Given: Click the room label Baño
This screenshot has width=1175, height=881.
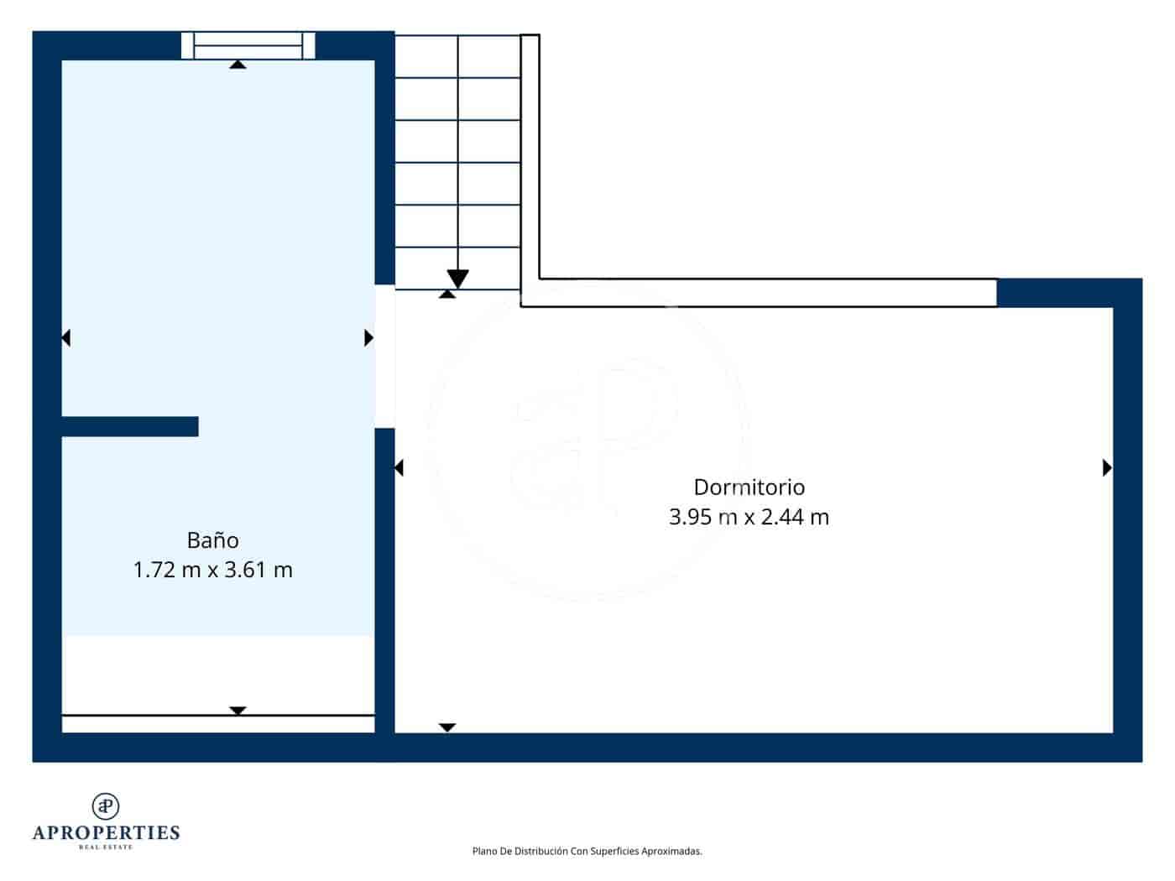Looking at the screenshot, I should point(212,540).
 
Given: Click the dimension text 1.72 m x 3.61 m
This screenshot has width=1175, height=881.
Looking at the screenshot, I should point(212,571).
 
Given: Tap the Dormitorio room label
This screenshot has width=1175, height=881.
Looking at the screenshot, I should point(749,487).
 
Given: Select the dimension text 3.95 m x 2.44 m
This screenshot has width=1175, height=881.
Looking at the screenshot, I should point(749,517).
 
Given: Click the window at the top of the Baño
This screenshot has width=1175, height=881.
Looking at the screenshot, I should point(248,45).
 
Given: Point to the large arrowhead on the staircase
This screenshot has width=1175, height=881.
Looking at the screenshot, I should point(457,279).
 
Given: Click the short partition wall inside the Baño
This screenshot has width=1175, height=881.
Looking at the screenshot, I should point(130,426).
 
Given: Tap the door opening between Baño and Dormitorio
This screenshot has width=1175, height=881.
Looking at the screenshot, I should point(384,357).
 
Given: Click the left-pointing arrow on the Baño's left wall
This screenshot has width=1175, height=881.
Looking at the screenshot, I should point(66,338).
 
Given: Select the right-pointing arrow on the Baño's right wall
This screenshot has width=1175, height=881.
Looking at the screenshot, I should point(368,338).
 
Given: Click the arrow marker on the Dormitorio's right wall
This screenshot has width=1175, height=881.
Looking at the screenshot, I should point(1106,468).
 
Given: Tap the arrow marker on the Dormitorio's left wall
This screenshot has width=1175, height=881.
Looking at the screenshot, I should point(399,468).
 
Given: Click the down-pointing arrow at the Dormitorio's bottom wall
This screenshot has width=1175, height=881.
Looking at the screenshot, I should point(447,727).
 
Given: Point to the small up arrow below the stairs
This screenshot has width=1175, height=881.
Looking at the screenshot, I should point(447,294).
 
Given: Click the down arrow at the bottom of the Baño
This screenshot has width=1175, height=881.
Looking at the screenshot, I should point(238,711).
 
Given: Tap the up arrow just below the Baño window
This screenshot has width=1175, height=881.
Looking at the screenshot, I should point(238,64).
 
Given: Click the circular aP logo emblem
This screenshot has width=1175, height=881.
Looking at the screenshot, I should point(106,806).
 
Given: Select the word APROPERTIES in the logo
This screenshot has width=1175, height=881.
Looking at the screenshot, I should point(106,833).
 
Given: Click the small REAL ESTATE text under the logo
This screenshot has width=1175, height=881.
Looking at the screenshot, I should point(106,847).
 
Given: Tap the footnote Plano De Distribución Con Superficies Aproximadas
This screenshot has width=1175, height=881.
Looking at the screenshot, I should point(587,852).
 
